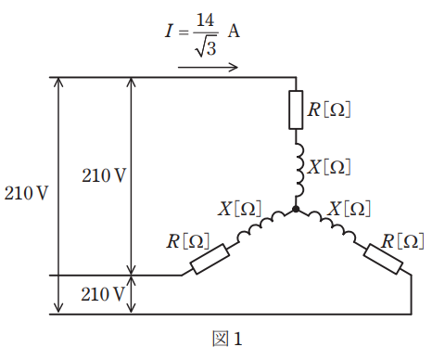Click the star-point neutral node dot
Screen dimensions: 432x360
[x=296, y=209]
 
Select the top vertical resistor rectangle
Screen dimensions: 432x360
[x=296, y=109]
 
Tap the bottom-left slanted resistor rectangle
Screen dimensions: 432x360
[x=210, y=259]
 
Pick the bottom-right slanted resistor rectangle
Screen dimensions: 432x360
[x=383, y=259]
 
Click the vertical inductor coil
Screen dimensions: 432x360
[x=299, y=170]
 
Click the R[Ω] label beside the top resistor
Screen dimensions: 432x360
[x=329, y=109]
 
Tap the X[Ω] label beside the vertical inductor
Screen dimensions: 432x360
[x=329, y=167]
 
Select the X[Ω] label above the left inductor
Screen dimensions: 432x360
[x=240, y=208]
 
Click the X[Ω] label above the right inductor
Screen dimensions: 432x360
[x=349, y=208]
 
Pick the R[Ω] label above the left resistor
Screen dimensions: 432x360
[x=188, y=241]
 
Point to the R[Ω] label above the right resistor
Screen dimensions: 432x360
[x=402, y=241]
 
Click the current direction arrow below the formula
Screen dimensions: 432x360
[x=208, y=67]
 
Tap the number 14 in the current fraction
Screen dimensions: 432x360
[x=205, y=20]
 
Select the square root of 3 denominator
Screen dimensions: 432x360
[x=206, y=48]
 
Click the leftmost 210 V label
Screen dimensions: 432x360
[x=26, y=193]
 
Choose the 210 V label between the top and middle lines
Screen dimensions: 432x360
[x=104, y=175]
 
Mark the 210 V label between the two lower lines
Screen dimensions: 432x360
[x=103, y=294]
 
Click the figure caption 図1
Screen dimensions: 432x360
[x=227, y=339]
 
